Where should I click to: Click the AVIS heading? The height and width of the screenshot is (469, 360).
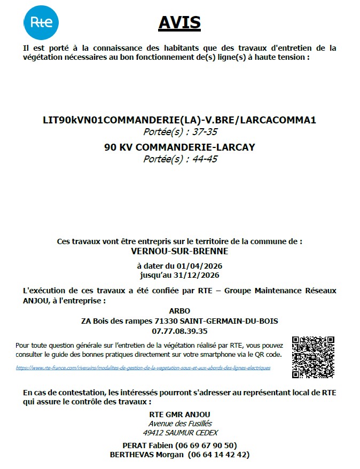click(x=179, y=22)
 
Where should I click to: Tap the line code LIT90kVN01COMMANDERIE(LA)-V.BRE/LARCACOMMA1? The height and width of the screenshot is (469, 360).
click(x=179, y=120)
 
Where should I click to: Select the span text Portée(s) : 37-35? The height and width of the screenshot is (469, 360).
click(x=180, y=131)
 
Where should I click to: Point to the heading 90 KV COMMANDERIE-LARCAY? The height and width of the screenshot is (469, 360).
click(x=179, y=147)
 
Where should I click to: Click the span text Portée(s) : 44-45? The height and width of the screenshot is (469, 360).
click(x=180, y=159)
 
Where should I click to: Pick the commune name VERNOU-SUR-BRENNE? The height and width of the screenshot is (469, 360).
click(x=179, y=251)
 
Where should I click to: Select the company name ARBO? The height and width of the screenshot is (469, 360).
click(x=179, y=311)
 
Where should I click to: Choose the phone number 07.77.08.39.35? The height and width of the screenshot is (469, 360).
click(x=179, y=331)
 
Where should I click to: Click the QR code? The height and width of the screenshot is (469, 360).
click(x=314, y=357)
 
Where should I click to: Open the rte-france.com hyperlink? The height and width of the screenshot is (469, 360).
click(x=143, y=368)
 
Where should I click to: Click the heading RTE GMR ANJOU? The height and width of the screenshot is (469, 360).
click(x=179, y=414)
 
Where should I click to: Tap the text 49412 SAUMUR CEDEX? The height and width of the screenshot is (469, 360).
click(x=180, y=433)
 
